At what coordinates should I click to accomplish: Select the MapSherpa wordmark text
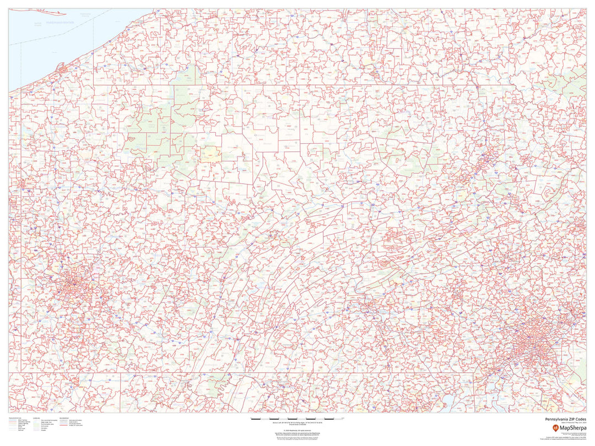click(x=572, y=427)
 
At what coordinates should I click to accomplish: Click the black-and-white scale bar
click(x=297, y=419)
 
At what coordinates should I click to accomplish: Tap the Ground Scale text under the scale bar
click(x=297, y=426)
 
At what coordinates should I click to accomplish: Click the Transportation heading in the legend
click(x=17, y=417)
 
